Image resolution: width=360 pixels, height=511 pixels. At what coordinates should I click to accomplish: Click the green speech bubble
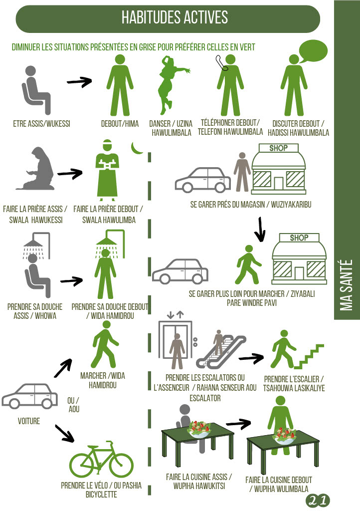(313, 51)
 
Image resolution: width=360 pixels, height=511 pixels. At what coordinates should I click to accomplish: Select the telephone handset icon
(222, 63)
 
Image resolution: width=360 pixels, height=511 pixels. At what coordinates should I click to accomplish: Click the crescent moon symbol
(137, 149)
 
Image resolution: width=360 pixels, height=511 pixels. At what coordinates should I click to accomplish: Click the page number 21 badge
(318, 501)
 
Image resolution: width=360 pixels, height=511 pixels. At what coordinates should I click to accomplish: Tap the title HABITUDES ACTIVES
(175, 17)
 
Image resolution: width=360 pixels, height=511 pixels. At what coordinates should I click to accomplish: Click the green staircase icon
(309, 357)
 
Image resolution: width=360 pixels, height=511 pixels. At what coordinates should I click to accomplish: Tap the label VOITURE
(29, 421)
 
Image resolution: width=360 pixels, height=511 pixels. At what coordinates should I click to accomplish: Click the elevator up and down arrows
(175, 315)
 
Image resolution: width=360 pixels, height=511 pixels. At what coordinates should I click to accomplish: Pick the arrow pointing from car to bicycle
(64, 433)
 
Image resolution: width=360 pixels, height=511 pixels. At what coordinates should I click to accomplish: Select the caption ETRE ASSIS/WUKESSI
(42, 124)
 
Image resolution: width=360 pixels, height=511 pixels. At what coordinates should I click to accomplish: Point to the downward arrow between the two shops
(260, 230)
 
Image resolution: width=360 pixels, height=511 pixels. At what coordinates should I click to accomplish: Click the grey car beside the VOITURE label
(29, 396)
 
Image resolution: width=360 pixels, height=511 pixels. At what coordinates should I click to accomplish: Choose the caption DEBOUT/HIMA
(120, 124)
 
